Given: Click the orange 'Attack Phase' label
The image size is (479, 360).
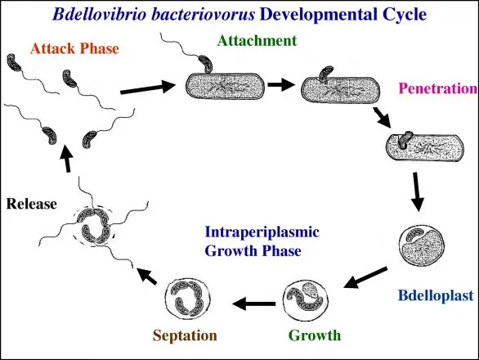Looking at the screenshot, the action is click(74, 48).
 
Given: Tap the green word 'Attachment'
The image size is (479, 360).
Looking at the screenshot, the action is click(257, 41).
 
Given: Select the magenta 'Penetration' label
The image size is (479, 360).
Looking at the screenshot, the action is click(438, 88).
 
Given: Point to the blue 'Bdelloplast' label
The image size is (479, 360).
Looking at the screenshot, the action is click(436, 295).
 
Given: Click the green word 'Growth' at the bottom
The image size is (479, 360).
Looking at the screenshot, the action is click(315, 335).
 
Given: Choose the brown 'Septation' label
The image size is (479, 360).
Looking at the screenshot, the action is click(185, 335).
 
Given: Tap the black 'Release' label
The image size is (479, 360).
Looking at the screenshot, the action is click(31, 204).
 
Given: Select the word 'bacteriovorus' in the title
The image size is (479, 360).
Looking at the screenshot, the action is click(203, 15).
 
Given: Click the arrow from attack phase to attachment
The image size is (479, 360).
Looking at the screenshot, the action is click(148, 88).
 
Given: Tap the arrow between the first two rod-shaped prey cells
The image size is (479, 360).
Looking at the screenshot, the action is click(281, 84).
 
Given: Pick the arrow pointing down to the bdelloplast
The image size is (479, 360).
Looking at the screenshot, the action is click(417, 191).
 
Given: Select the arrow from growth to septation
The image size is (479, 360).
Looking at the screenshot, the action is click(254, 304).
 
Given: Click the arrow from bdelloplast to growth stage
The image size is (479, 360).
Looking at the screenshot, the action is click(365, 277).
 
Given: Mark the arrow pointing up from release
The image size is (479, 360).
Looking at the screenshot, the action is click(66, 158).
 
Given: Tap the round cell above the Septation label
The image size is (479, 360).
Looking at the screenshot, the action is click(187, 299).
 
